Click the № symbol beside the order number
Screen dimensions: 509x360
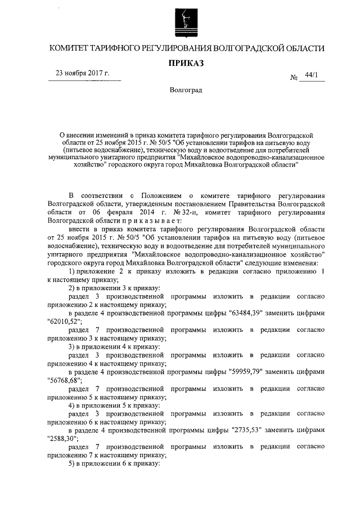tap(294, 78)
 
